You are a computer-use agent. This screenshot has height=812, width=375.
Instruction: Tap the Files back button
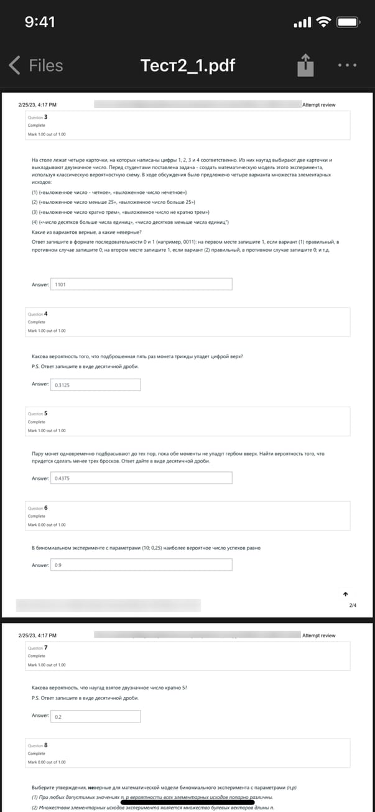36,65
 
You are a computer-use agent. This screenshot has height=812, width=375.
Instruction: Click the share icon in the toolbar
305,64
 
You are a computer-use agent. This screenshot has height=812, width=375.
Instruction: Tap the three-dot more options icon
347,65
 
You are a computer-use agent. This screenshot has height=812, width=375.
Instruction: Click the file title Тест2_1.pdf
188,65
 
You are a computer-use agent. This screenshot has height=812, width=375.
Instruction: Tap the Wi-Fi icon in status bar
323,22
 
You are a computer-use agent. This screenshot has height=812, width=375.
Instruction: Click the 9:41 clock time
40,22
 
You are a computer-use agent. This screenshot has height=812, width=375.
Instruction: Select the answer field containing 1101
141,284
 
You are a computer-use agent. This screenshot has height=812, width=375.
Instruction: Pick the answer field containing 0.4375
141,478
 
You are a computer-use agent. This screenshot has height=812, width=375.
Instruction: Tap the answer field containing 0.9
141,565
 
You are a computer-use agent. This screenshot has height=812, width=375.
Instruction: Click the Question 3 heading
38,117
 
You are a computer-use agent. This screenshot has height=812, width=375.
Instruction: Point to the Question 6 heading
38,508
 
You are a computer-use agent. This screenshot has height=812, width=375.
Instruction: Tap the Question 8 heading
38,745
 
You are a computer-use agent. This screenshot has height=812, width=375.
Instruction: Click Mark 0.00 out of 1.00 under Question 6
47,525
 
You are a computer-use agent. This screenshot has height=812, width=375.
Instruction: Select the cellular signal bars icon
302,23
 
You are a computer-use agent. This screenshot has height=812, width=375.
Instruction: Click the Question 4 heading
38,313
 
